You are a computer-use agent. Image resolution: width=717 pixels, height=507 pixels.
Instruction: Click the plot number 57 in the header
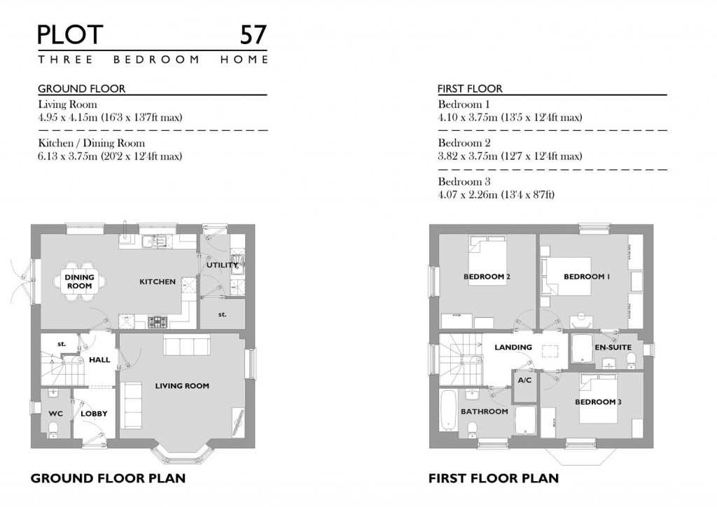point(253,34)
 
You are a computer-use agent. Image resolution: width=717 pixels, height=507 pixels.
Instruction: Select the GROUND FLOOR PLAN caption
point(108,479)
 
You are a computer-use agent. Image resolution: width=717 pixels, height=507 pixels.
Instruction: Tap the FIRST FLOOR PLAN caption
point(493,479)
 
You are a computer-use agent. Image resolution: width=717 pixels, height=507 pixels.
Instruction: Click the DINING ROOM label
point(79,282)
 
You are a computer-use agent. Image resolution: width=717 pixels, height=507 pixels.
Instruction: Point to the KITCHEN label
point(157,282)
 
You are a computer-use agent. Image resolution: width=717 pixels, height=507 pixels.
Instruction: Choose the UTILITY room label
point(222,265)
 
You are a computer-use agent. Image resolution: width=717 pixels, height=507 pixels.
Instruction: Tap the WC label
point(55,414)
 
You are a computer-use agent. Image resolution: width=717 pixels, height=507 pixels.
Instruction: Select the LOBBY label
point(94,414)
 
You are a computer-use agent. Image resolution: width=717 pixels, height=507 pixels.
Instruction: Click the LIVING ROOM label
point(182,386)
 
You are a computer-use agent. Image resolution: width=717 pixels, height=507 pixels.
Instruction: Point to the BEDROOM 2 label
point(486,277)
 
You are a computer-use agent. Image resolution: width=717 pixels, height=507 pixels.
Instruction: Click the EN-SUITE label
point(613,347)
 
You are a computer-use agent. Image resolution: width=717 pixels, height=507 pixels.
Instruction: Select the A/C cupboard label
point(524,380)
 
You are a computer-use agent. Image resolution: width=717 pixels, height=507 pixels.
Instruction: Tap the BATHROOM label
point(484,411)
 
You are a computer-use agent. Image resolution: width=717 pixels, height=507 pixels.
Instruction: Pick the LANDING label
point(513,347)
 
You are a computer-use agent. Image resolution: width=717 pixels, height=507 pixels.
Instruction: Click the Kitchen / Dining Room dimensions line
point(110,156)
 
